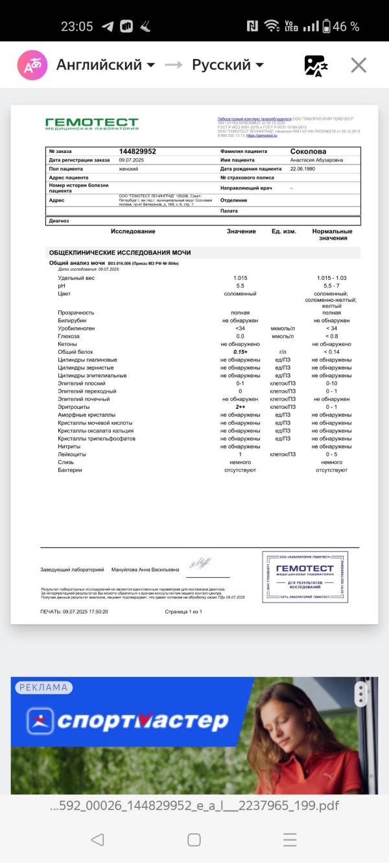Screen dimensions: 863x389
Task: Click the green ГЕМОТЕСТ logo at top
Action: click(x=91, y=123)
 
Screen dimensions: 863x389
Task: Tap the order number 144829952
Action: click(x=137, y=151)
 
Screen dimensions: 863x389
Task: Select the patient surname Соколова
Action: click(x=312, y=151)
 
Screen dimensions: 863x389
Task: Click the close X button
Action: click(x=359, y=65)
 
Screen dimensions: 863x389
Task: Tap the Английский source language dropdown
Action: click(x=106, y=65)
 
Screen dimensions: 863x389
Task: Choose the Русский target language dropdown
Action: click(x=228, y=65)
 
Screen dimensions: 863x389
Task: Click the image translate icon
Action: click(x=316, y=65)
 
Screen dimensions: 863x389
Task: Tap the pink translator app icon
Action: click(x=32, y=65)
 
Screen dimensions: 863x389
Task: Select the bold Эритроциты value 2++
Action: click(x=240, y=407)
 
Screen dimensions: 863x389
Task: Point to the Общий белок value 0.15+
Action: click(x=240, y=352)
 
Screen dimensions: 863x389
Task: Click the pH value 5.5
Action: click(x=240, y=286)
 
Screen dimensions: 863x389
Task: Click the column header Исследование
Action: click(x=133, y=231)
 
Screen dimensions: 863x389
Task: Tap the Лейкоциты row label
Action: click(x=72, y=454)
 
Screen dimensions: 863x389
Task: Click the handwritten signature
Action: click(x=200, y=564)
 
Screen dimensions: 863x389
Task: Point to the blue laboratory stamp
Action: click(x=305, y=577)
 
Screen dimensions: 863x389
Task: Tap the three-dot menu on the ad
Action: click(x=360, y=694)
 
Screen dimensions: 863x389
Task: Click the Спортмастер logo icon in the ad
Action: click(x=40, y=720)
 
